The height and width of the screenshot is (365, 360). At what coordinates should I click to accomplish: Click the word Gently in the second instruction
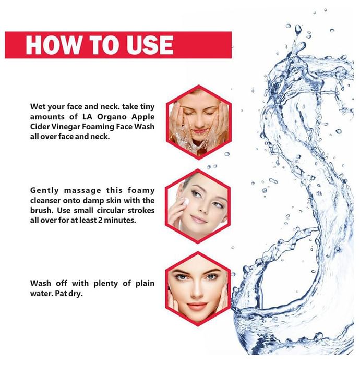pos(44,191)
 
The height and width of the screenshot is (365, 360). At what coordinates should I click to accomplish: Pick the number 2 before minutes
pos(100,220)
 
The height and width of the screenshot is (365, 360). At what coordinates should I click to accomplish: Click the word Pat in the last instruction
pos(61,294)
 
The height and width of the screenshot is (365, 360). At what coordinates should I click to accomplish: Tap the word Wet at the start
pos(38,107)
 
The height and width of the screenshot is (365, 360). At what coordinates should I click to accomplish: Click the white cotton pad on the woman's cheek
pos(186,202)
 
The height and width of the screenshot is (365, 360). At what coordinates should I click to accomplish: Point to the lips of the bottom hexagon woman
pos(197,306)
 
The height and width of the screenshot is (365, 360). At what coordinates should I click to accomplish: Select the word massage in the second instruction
pos(82,191)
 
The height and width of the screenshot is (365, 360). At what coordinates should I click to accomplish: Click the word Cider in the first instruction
pos(40,127)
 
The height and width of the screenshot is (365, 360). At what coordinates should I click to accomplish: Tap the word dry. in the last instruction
pos(75,294)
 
